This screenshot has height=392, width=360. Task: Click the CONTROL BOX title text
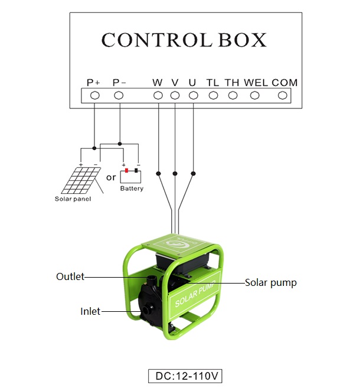click(184, 39)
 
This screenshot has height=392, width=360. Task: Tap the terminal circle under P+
click(94, 95)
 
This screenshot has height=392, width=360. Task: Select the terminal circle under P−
click(119, 95)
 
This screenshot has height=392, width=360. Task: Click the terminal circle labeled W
click(158, 95)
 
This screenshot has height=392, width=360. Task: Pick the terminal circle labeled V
click(175, 95)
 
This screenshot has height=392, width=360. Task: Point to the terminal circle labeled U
click(192, 95)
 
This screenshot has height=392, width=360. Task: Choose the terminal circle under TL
click(213, 95)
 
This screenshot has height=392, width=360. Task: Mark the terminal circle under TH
click(233, 95)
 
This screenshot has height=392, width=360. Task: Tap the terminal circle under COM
click(283, 95)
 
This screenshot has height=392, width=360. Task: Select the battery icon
click(131, 176)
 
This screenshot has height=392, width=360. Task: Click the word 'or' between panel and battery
click(110, 177)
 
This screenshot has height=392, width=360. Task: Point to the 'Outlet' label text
click(70, 276)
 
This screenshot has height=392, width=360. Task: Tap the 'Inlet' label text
click(90, 311)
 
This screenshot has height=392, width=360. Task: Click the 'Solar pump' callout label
click(271, 283)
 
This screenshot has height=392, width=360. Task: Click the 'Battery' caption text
click(132, 189)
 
